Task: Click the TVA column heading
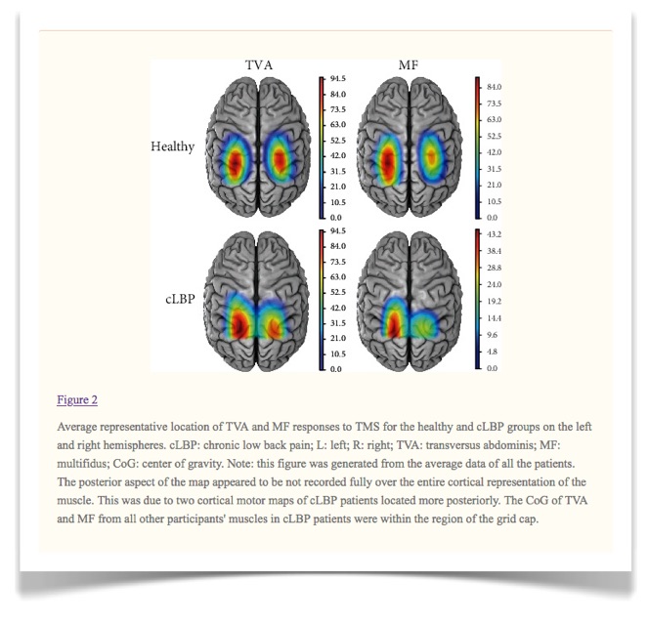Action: [x=259, y=65]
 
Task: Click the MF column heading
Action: [x=409, y=65]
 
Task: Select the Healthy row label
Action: [x=172, y=147]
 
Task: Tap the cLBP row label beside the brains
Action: [x=180, y=299]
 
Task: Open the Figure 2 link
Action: [x=77, y=400]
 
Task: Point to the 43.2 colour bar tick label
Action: [x=494, y=234]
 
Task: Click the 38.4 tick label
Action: [x=494, y=251]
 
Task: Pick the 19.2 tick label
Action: [x=494, y=302]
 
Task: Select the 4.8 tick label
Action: [x=493, y=352]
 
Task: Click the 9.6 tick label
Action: [x=493, y=335]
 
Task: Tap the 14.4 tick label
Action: [x=494, y=318]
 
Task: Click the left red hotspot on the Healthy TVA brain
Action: [x=235, y=162]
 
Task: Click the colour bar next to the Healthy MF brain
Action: [x=477, y=147]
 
